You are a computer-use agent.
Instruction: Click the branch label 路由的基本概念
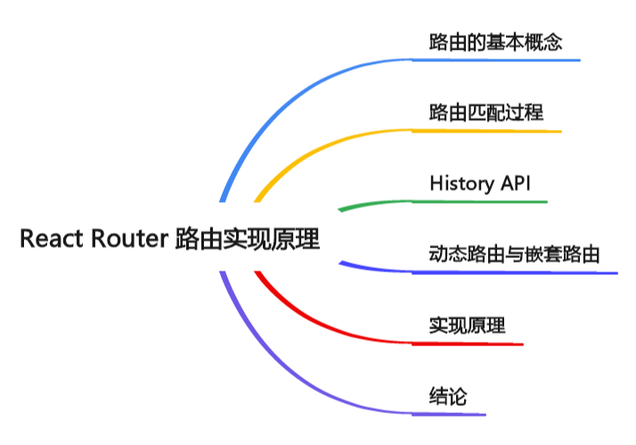(x=495, y=42)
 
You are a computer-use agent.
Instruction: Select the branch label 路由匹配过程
(x=485, y=113)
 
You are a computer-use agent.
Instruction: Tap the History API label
(x=479, y=184)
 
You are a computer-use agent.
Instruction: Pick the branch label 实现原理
(x=467, y=325)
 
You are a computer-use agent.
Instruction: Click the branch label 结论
(x=447, y=396)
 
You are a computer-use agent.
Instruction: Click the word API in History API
(x=514, y=184)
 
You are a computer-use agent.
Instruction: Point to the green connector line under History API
(x=374, y=205)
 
